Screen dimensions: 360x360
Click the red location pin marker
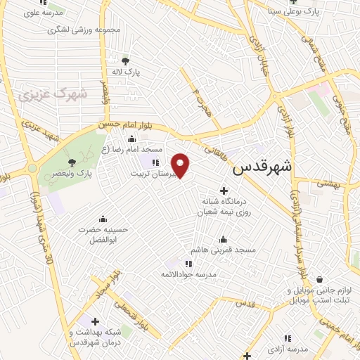[181, 164]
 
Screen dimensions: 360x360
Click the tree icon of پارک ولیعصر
[70, 162]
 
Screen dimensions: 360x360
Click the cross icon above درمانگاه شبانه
[224, 191]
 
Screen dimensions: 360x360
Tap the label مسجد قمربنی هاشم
[223, 250]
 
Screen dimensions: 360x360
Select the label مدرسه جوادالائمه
[188, 273]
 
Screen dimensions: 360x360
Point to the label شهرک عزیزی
[51, 93]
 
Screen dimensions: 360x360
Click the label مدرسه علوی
[44, 13]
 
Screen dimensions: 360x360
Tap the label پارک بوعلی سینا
[299, 11]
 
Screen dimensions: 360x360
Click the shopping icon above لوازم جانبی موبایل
[319, 279]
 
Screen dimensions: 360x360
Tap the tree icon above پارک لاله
[125, 61]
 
